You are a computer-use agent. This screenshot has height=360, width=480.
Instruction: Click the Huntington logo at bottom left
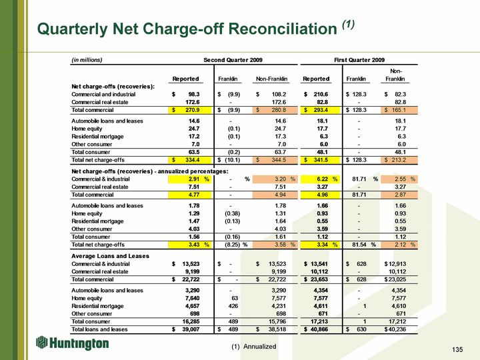(72, 343)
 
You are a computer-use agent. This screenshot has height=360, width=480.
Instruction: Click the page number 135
(457, 349)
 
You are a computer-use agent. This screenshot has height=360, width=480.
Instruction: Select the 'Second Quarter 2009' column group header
(233, 60)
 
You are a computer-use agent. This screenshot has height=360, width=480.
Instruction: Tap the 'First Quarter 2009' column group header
(359, 60)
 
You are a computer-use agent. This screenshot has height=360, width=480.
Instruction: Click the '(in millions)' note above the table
(87, 60)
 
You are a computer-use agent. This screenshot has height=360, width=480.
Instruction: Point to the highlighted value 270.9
(190, 110)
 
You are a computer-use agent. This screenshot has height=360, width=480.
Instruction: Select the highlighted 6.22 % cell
(320, 179)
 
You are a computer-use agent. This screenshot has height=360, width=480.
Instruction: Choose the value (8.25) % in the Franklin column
(236, 245)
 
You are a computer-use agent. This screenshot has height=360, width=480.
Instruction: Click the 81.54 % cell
(364, 245)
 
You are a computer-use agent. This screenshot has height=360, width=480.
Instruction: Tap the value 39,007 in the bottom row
(191, 329)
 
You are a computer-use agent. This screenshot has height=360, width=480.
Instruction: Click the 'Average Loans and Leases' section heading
(110, 256)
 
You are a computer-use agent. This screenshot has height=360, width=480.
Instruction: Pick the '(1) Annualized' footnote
(254, 347)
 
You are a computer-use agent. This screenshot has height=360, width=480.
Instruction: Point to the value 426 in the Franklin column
(233, 306)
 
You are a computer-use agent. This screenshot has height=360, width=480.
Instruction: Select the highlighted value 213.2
(399, 160)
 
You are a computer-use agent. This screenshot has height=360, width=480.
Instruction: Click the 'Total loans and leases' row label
(99, 329)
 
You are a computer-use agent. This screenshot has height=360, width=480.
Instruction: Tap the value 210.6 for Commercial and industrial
(321, 94)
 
